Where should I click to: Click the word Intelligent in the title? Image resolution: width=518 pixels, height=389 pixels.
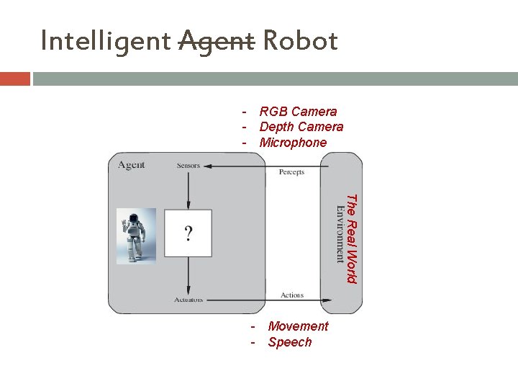coord(106,42)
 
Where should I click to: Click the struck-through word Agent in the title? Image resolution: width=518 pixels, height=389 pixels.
coord(216,42)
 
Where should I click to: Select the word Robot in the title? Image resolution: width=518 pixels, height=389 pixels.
coord(300,42)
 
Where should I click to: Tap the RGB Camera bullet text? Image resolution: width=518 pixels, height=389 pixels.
coord(298,112)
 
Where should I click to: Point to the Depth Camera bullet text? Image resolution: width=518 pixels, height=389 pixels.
coord(301,127)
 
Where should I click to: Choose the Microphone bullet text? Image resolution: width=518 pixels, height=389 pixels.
coord(293,143)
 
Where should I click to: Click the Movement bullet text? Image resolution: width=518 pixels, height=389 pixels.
coord(298,326)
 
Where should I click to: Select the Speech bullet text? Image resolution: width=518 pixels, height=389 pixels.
coord(290,342)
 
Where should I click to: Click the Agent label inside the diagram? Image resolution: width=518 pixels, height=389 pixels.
coord(132,165)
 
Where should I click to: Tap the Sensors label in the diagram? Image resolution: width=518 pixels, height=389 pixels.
coord(188,166)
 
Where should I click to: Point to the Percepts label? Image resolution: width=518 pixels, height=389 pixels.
coord(291,172)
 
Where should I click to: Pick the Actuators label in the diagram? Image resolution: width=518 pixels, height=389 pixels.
coord(188,300)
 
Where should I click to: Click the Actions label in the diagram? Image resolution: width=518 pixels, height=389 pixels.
coord(292,295)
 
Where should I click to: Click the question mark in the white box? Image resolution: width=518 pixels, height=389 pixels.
coord(188,233)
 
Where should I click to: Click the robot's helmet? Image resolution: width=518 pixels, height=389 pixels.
coord(133,218)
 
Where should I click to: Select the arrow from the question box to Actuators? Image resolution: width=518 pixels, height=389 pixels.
coord(188,275)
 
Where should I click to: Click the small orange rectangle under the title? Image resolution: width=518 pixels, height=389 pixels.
coord(15,79)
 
